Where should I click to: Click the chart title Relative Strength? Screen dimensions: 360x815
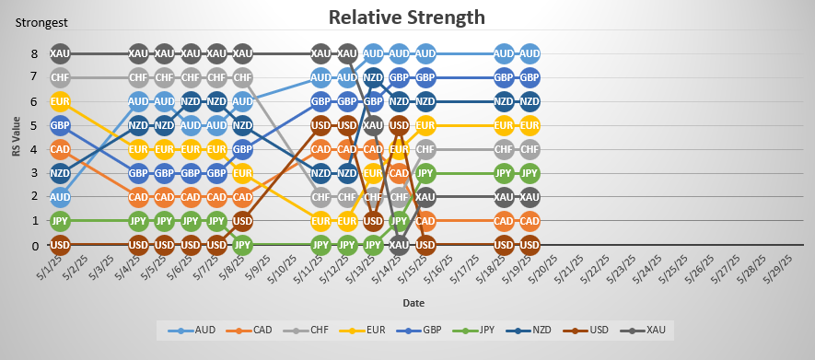point(407,17)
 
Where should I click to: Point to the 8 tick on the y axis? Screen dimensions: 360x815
point(35,53)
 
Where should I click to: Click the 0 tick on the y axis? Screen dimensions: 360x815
point(35,246)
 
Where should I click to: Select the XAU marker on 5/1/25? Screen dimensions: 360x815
point(60,53)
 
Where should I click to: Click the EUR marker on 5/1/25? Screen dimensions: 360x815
point(60,101)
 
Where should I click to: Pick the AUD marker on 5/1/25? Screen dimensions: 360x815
point(60,197)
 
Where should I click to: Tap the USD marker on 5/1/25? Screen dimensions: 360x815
point(60,246)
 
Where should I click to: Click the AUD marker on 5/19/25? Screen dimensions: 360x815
point(530,53)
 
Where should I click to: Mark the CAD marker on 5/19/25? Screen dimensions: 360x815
point(530,221)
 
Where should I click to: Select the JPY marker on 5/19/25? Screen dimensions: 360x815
point(530,173)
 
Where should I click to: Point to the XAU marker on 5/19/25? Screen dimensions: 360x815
point(530,197)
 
